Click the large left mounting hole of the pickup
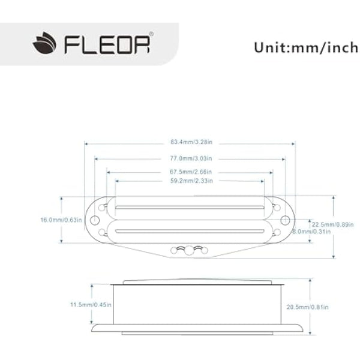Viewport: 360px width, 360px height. [95, 220]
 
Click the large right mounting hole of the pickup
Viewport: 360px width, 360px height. [285, 220]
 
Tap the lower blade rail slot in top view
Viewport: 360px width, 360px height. [190, 230]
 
